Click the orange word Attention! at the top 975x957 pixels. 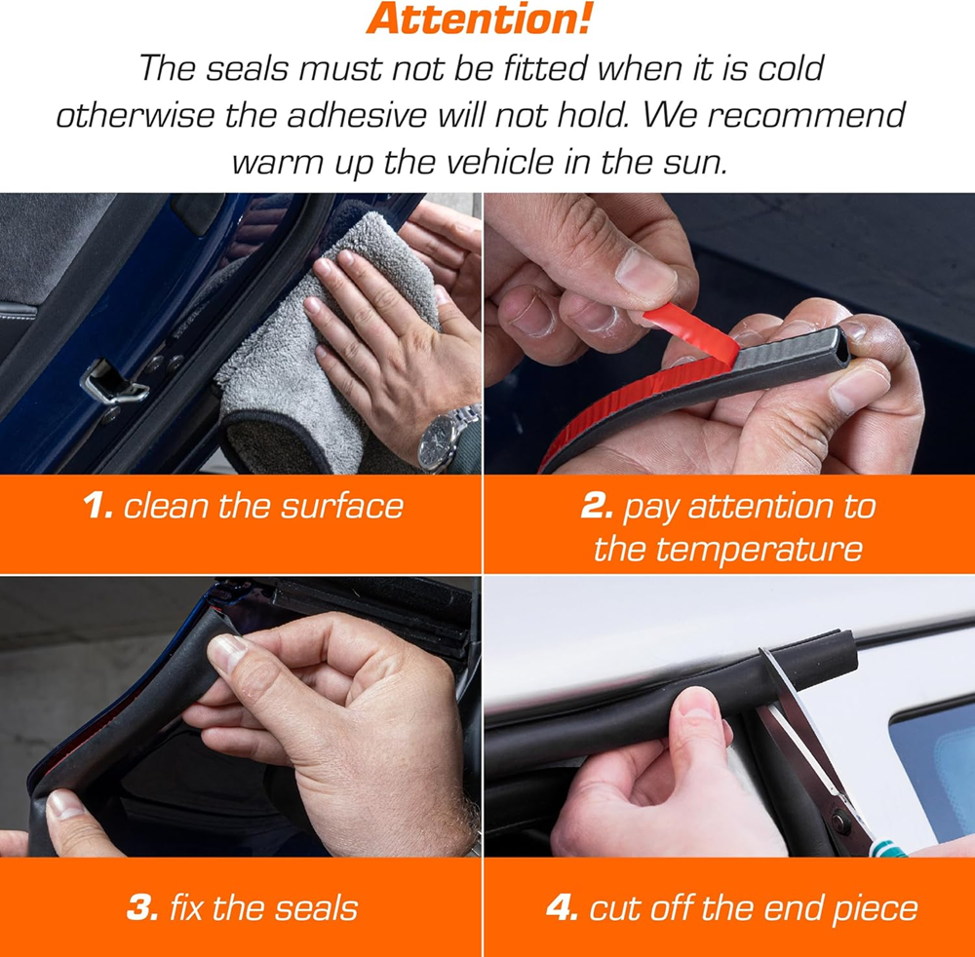[478, 19]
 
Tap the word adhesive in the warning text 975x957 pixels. [356, 115]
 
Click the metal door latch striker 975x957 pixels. [116, 382]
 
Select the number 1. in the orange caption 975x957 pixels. [97, 505]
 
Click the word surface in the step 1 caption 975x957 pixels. [342, 506]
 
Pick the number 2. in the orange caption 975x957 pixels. [597, 505]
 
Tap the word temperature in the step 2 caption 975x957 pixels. [728, 550]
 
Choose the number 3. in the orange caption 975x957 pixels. [142, 908]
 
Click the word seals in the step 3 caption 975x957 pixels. [316, 908]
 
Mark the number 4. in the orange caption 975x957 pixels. [563, 908]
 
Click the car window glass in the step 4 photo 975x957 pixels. [932, 765]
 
